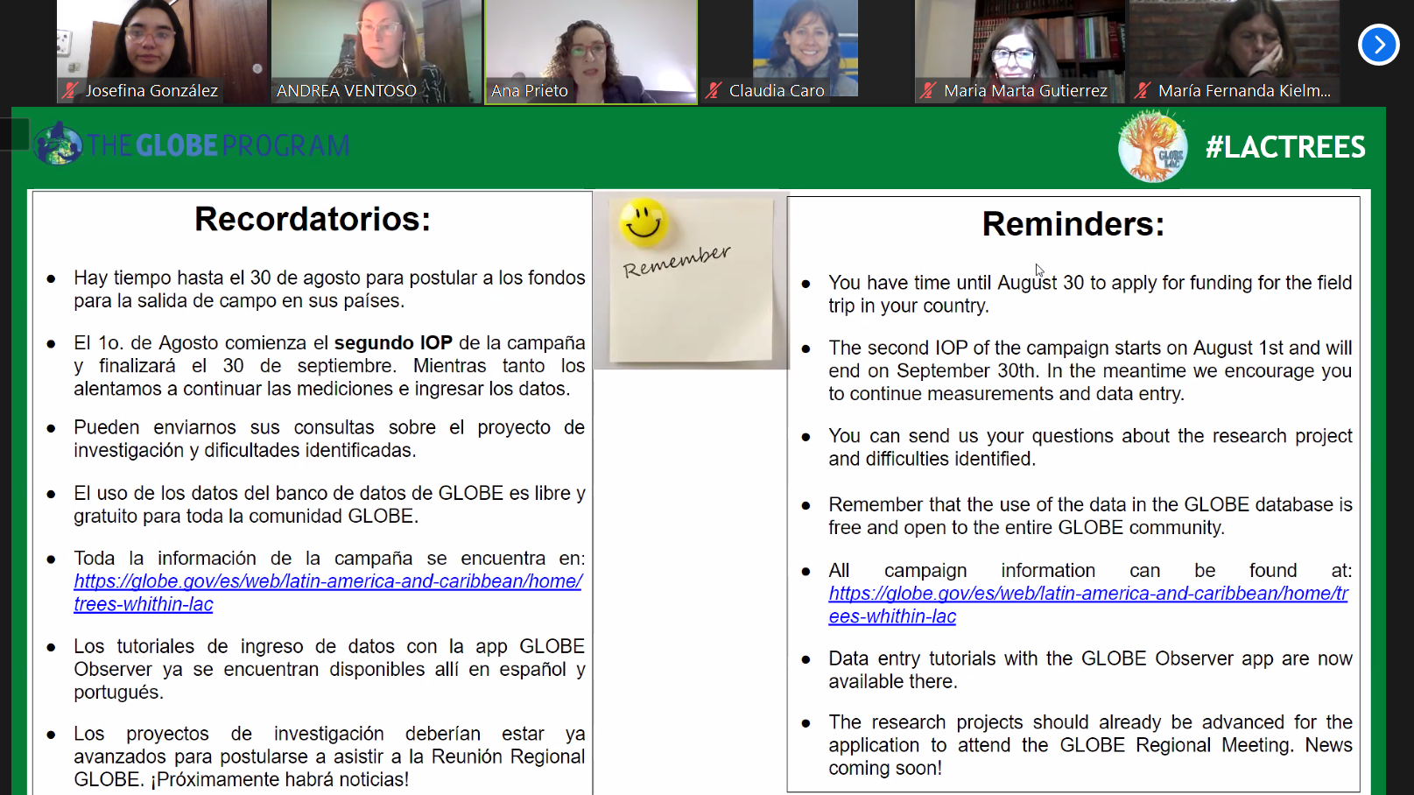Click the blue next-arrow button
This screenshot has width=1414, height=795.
point(1379,45)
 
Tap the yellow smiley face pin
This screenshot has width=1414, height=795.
point(644,222)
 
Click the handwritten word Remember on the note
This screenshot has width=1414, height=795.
point(676,261)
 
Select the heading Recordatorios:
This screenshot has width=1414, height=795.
point(313,220)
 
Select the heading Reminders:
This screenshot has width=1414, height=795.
point(1073,224)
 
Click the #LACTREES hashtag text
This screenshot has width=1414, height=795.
point(1285,147)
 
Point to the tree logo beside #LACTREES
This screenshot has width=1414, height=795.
point(1152,146)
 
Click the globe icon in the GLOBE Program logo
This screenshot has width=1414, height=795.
point(58,144)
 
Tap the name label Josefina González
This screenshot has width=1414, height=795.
point(151,91)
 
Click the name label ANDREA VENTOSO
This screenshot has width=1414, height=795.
point(347,91)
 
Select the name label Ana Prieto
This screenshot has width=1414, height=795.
point(530,91)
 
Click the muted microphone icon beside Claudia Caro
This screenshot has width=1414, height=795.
point(714,91)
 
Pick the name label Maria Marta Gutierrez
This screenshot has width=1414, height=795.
point(1026,91)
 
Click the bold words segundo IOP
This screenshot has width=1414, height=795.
point(393,343)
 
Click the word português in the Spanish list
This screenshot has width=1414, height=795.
point(119,693)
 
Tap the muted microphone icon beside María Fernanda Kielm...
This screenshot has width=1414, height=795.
point(1143,91)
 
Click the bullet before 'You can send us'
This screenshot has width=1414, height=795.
point(805,437)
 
